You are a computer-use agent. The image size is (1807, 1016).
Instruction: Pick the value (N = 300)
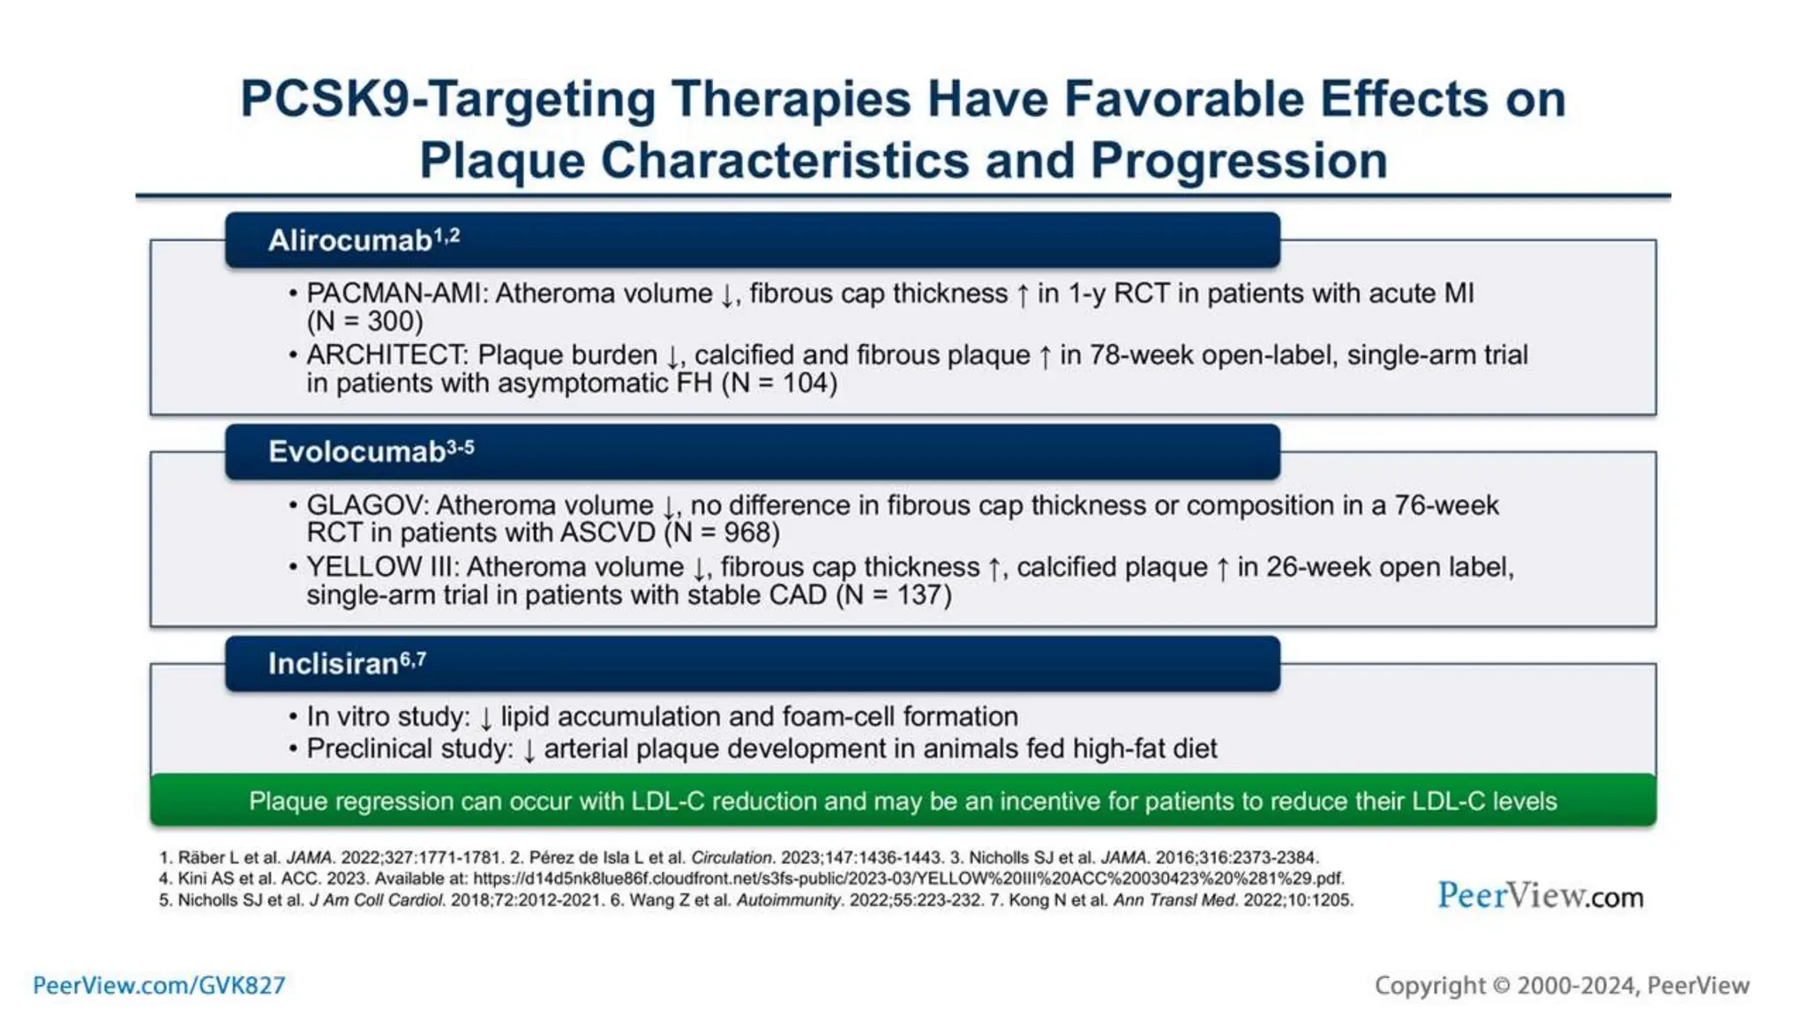point(364,322)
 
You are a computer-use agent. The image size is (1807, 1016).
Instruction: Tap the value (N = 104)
point(779,384)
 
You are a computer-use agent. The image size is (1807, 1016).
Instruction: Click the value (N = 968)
point(722,534)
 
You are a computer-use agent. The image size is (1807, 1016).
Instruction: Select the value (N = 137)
point(894,595)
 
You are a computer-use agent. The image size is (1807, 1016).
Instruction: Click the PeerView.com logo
point(1540,896)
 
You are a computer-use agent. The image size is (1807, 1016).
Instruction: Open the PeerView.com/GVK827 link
point(159,985)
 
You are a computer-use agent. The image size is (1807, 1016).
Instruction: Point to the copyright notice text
point(1562,985)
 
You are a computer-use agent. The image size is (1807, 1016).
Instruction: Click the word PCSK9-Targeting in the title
point(447,99)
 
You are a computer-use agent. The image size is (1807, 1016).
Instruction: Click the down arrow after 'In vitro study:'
point(485,718)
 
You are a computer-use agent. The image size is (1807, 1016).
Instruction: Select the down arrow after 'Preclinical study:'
point(529,751)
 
